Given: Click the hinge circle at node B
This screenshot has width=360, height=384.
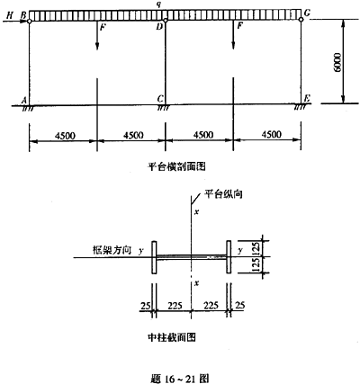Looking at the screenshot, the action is click(x=29, y=22).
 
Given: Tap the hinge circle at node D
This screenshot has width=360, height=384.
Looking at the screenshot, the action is click(x=166, y=21).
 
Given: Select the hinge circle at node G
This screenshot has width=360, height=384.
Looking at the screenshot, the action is click(x=301, y=20).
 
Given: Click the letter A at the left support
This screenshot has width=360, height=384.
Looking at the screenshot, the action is click(x=24, y=100).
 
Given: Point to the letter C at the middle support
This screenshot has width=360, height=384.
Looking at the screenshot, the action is click(x=160, y=99).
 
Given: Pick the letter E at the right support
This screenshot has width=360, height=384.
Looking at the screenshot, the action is click(x=307, y=98).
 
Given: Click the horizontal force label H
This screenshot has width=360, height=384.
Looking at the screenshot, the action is click(x=10, y=15).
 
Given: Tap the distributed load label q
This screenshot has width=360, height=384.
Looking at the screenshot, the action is click(x=162, y=4).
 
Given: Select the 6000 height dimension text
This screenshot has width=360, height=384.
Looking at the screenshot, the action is click(x=337, y=62).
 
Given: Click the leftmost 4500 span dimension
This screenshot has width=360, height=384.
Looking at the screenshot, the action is click(x=65, y=136).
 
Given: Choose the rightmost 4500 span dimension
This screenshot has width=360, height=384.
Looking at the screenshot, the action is click(x=272, y=135).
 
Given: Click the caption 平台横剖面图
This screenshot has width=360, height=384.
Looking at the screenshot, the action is click(x=177, y=166).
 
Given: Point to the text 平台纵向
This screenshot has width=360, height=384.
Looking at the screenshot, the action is click(x=223, y=194).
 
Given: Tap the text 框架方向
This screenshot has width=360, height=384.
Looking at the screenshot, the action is click(x=112, y=250).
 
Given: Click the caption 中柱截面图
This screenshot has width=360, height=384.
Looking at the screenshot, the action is click(x=172, y=337).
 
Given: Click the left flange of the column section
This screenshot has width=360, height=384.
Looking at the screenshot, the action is click(x=154, y=257).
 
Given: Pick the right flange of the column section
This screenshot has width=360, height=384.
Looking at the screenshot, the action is click(x=229, y=256).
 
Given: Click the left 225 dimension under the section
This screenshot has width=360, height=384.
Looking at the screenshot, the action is click(x=175, y=306).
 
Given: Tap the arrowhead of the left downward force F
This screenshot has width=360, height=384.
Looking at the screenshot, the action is click(x=97, y=47).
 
